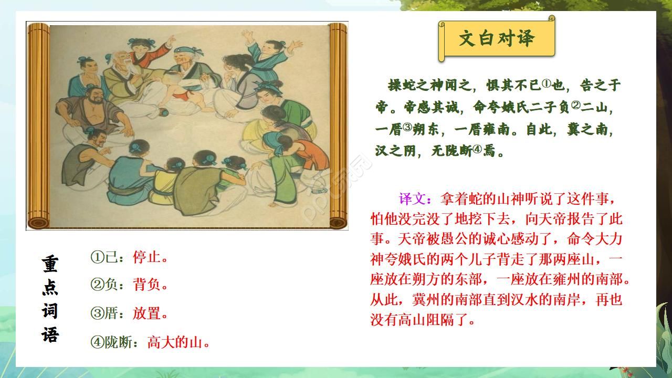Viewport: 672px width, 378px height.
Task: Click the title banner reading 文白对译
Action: tap(496, 38)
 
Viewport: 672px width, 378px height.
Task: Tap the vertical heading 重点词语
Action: tap(50, 299)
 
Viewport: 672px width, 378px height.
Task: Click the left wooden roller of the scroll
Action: tap(38, 126)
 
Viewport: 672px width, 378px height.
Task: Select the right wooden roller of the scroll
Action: tap(338, 126)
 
